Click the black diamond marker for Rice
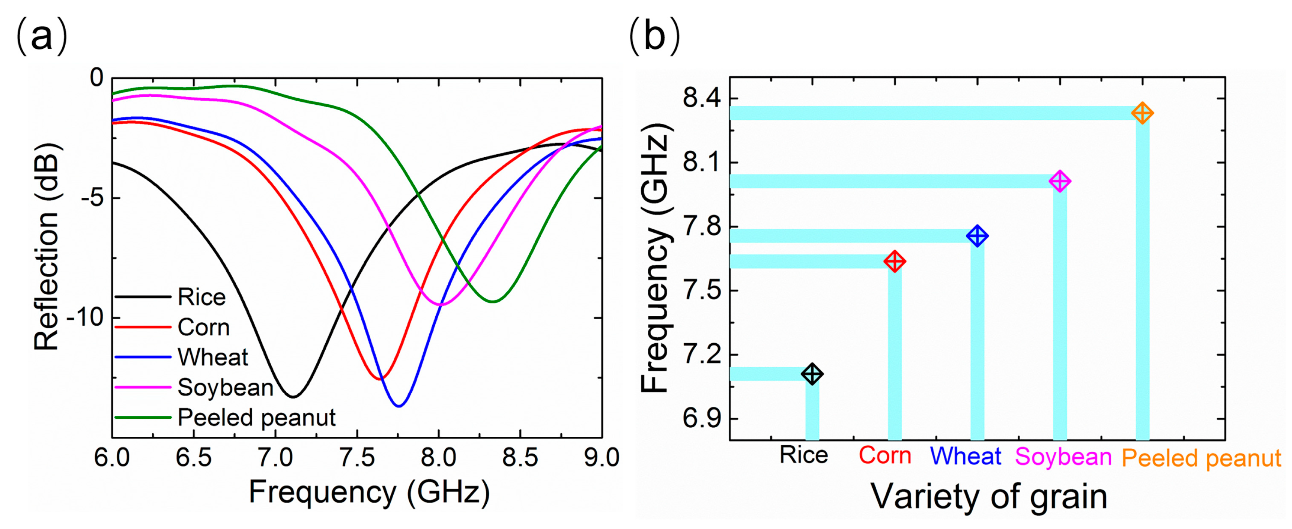[812, 374]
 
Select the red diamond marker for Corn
[895, 261]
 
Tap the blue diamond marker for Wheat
[977, 236]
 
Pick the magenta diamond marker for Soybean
[1060, 181]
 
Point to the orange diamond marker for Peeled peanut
[1143, 113]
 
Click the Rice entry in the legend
[170, 297]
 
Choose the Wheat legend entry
[182, 358]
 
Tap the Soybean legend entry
[194, 388]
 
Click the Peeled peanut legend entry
[225, 418]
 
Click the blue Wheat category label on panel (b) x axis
[966, 456]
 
